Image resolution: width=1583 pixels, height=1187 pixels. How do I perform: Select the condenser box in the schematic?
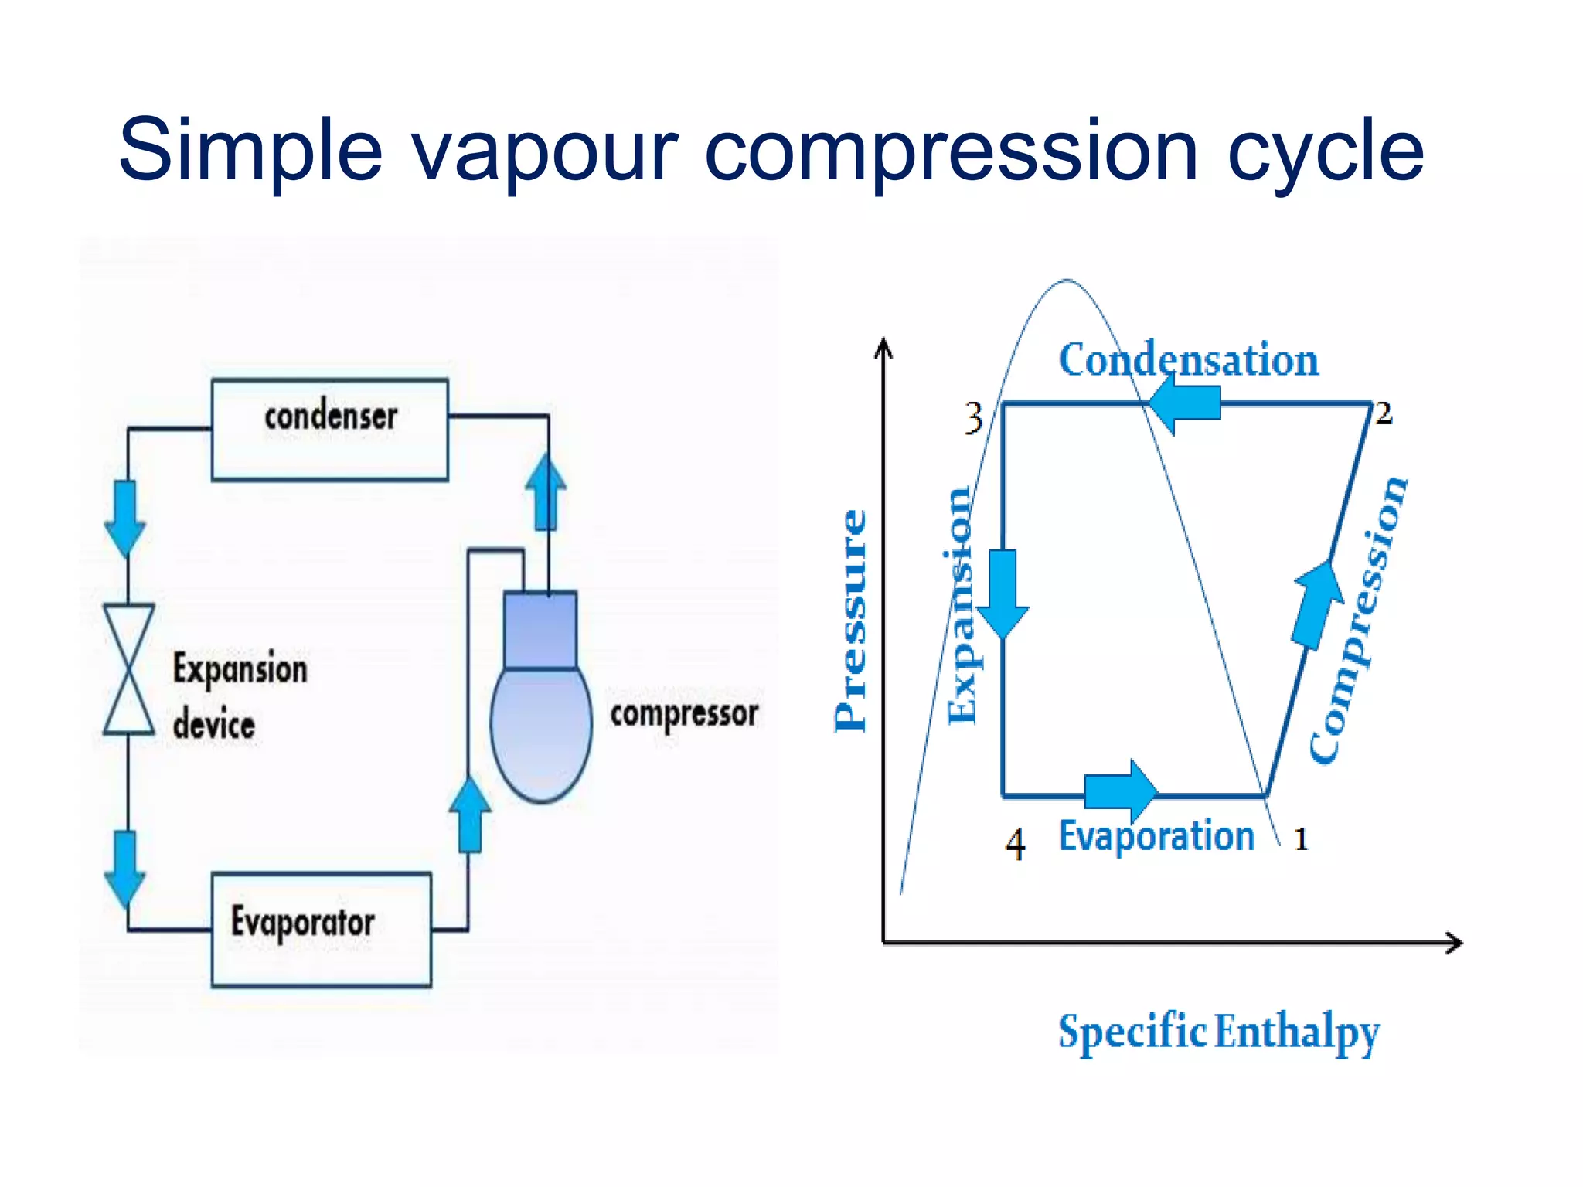330,430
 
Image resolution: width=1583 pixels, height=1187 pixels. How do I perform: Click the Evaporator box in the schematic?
321,929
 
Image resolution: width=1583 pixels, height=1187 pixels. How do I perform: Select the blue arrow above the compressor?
546,491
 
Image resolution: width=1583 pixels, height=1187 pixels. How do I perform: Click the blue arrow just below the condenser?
125,517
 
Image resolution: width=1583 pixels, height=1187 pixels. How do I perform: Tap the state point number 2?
1384,413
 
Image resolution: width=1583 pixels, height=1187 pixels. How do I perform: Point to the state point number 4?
1016,844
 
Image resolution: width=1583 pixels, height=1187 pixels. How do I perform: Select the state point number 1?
1301,839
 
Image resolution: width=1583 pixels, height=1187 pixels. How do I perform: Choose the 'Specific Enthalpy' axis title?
1218,1032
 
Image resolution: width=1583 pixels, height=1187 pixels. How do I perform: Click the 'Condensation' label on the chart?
1188,360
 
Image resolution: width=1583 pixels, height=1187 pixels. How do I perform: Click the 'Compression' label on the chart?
1358,621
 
